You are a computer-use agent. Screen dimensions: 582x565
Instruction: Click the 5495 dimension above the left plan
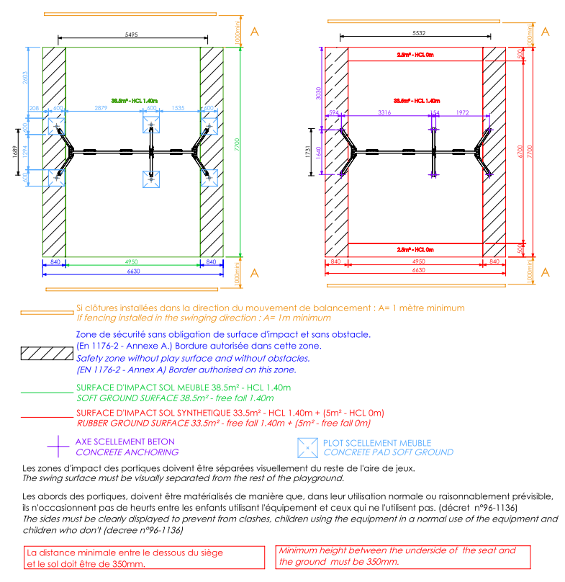[x=132, y=34]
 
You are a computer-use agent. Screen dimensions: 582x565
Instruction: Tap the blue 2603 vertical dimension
[x=26, y=78]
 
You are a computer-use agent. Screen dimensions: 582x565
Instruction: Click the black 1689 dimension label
[x=16, y=151]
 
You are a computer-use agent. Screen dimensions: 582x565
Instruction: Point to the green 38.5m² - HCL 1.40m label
[x=134, y=101]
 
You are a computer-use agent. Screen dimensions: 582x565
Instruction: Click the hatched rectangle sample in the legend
[x=45, y=353]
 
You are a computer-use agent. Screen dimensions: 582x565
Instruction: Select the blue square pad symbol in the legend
[x=307, y=447]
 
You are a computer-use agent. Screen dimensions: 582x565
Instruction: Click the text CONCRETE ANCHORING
[x=127, y=452]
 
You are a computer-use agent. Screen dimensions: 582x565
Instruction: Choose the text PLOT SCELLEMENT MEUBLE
[x=377, y=443]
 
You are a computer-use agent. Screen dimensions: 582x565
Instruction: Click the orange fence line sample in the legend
[x=45, y=313]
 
